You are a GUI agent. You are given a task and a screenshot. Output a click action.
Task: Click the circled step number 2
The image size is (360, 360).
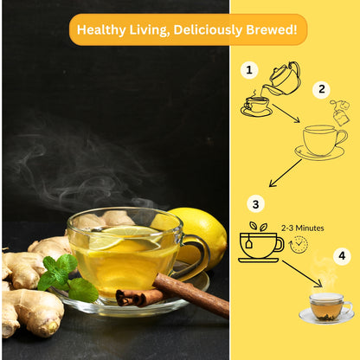pyautogui.click(x=322, y=89)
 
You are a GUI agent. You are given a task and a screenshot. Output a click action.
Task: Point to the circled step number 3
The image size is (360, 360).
pyautogui.click(x=254, y=204)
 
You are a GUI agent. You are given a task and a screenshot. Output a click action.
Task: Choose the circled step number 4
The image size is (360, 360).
pyautogui.click(x=341, y=256)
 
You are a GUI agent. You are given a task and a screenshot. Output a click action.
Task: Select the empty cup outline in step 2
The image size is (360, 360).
pyautogui.click(x=322, y=142)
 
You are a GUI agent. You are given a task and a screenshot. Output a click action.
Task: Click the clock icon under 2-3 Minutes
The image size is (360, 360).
pyautogui.click(x=299, y=245)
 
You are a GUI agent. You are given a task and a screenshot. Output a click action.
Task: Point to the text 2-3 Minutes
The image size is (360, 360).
pyautogui.click(x=302, y=228)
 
